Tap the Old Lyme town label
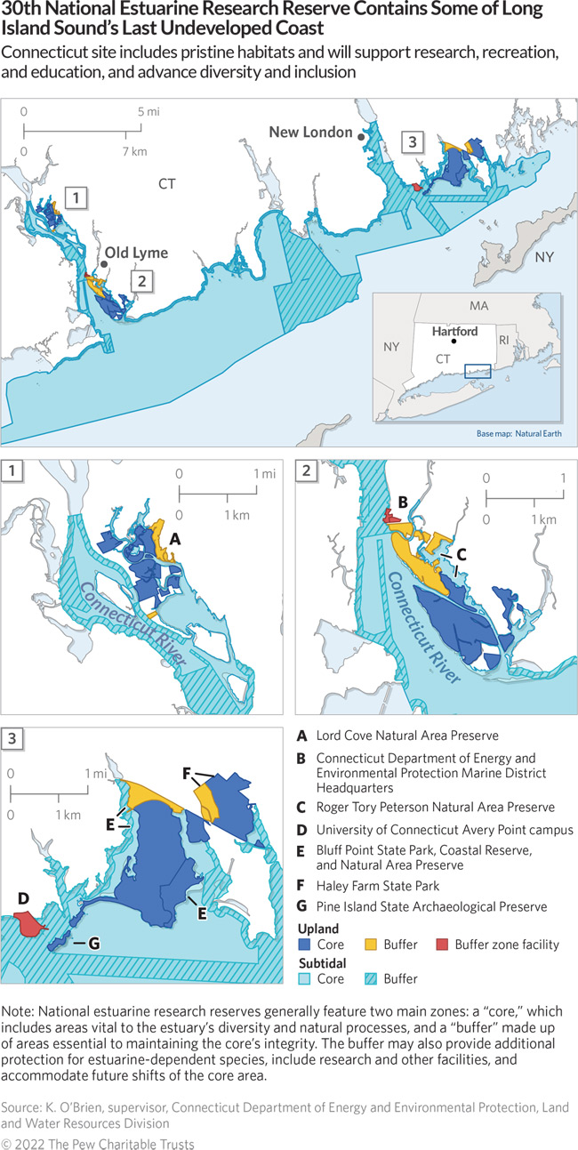pyautogui.click(x=138, y=253)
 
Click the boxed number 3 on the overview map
pyautogui.click(x=412, y=141)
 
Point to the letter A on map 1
pyautogui.click(x=176, y=538)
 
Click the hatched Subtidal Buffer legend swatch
pyautogui.click(x=374, y=978)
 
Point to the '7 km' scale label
pyautogui.click(x=134, y=151)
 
